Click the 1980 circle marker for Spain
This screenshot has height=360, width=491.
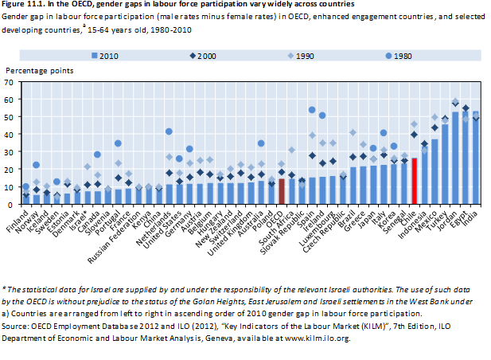[x=312, y=110]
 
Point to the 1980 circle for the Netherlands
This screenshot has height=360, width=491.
[x=169, y=131]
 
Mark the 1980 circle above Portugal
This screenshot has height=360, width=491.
[x=118, y=143]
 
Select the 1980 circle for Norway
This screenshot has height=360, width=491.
[x=36, y=165]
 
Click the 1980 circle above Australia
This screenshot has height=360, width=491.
[x=261, y=143]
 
